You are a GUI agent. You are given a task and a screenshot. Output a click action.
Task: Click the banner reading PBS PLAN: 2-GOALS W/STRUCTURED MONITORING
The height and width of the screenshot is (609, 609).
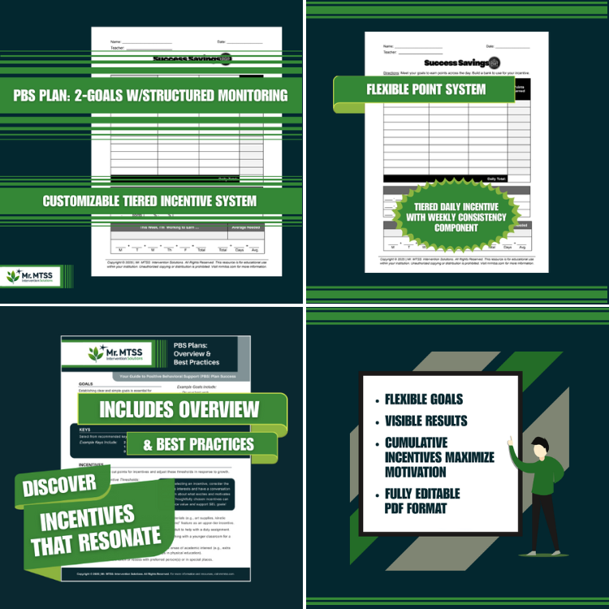[x=150, y=96]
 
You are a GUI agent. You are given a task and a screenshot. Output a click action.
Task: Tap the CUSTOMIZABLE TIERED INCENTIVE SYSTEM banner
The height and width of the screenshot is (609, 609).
[x=149, y=201]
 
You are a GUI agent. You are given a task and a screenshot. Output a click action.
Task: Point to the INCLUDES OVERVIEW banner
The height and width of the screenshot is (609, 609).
[x=181, y=408]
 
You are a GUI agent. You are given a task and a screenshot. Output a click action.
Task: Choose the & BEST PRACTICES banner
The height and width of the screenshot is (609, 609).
[x=199, y=444]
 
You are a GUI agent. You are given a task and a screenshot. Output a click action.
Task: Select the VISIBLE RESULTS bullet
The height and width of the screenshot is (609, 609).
[x=426, y=421]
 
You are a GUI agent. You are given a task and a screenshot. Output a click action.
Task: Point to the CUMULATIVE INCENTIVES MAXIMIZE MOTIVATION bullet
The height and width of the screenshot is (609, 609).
[x=438, y=457]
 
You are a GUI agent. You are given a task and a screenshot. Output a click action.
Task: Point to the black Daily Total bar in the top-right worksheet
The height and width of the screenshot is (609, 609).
[x=456, y=178]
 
